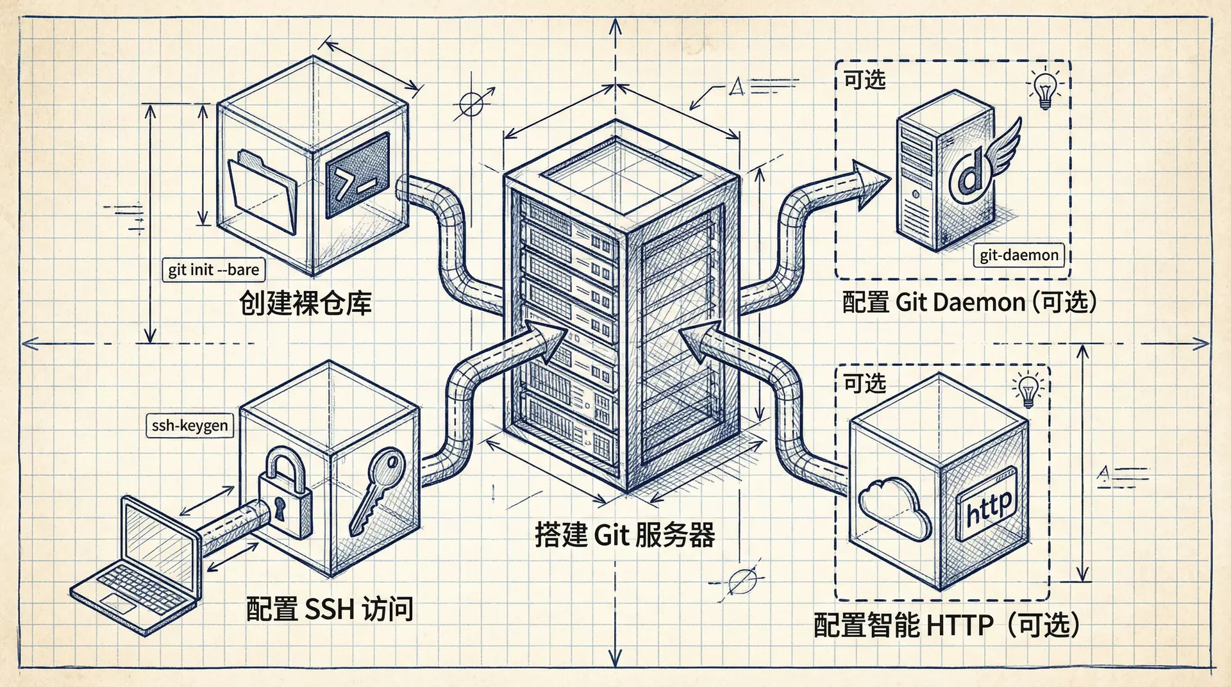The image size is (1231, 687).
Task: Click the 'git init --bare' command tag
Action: point(214,270)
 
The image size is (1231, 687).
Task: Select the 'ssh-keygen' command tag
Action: point(190,426)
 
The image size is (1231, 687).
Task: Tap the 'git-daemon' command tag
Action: point(1019,255)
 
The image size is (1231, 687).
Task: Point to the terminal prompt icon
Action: point(357,176)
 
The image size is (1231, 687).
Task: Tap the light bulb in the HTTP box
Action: point(1028,389)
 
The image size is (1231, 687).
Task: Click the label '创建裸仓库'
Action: point(305,302)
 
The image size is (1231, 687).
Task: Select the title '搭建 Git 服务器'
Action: point(624,534)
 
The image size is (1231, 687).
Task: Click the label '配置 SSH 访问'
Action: point(330,609)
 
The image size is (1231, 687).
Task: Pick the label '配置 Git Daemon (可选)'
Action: point(969,302)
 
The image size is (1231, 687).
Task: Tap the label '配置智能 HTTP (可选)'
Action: point(946,625)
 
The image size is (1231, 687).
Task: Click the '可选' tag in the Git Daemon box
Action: point(865,80)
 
